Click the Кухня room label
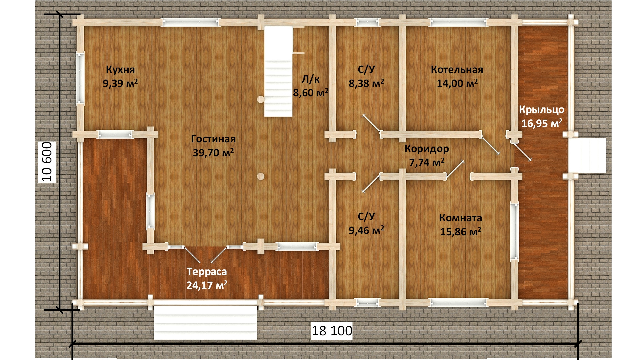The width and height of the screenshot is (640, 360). pyautogui.click(x=120, y=70)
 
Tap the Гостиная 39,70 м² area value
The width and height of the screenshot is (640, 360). pyautogui.click(x=213, y=153)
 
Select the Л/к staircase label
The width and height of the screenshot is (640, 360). pyautogui.click(x=310, y=79)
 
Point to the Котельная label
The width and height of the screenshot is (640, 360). pyautogui.click(x=457, y=70)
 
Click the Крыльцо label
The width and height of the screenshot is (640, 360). pyautogui.click(x=542, y=110)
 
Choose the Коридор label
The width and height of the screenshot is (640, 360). pyautogui.click(x=427, y=149)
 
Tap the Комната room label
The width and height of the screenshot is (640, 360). pyautogui.click(x=461, y=218)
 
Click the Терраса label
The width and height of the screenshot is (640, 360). pyautogui.click(x=207, y=272)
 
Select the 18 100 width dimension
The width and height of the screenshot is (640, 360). pyautogui.click(x=332, y=331)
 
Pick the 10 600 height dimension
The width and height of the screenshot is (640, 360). pyautogui.click(x=47, y=162)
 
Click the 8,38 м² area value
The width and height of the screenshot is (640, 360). pyautogui.click(x=366, y=83)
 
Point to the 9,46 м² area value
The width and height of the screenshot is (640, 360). pyautogui.click(x=366, y=230)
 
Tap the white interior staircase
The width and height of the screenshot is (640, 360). pyautogui.click(x=279, y=72)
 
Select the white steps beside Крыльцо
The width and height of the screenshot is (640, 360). pyautogui.click(x=587, y=155)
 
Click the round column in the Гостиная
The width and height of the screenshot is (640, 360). pyautogui.click(x=260, y=176)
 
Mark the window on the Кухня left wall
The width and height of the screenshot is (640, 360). pyautogui.click(x=80, y=78)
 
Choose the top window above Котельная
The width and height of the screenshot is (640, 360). pyautogui.click(x=458, y=22)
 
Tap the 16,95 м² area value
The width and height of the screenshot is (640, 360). pyautogui.click(x=542, y=123)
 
